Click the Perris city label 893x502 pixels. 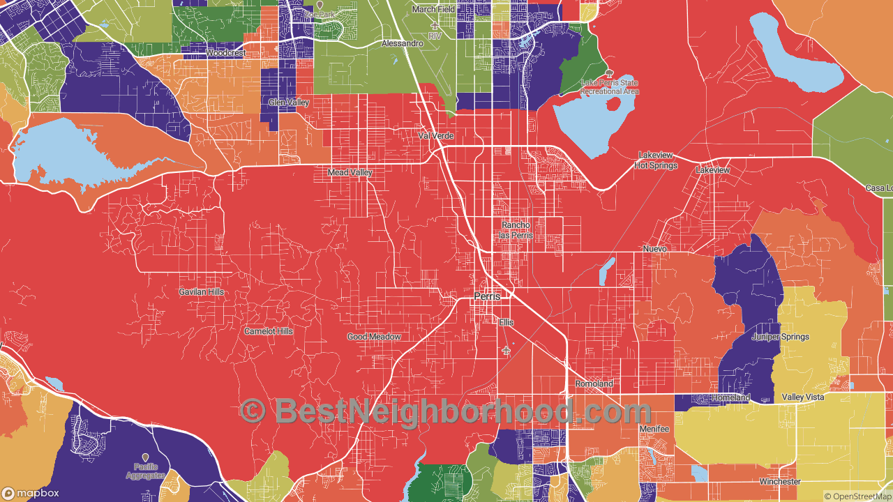[x=487, y=296]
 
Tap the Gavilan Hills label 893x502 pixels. [x=202, y=291]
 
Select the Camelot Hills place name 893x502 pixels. [x=269, y=331]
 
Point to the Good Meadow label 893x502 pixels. [x=374, y=337]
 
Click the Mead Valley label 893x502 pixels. [x=350, y=172]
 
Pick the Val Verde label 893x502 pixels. [x=436, y=135]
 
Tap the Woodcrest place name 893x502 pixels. [x=225, y=53]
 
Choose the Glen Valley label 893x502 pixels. [x=289, y=102]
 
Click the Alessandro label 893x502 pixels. [x=403, y=43]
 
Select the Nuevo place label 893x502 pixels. [x=655, y=249]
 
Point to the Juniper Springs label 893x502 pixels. [x=781, y=337]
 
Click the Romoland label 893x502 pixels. [x=594, y=384]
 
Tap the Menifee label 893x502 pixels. [x=654, y=429]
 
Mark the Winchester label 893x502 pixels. [x=780, y=482]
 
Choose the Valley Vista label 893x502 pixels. [x=802, y=397]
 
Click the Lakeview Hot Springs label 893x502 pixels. [x=656, y=160]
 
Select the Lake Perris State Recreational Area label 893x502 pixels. [x=610, y=86]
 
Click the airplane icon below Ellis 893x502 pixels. [x=506, y=349]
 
